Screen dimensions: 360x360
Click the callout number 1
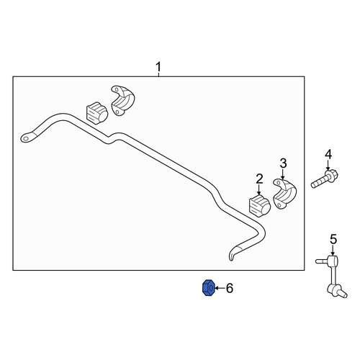tap(158, 67)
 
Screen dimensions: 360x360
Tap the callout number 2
tap(259, 179)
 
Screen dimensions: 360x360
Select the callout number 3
tap(283, 163)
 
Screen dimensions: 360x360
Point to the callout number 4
tap(328, 154)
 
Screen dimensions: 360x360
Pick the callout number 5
tap(333, 239)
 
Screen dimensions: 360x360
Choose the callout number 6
tap(230, 288)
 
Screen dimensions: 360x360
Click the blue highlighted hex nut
tap(208, 288)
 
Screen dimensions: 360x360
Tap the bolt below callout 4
tap(324, 179)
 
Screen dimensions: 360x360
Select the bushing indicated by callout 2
tap(260, 206)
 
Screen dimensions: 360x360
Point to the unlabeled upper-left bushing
tap(96, 113)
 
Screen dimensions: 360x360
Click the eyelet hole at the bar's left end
tap(26, 138)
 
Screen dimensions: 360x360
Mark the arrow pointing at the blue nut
tap(219, 288)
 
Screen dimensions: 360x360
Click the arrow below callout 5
tap(333, 251)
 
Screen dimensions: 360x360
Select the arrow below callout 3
tap(283, 174)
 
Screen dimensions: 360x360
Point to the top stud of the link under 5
tap(320, 261)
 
